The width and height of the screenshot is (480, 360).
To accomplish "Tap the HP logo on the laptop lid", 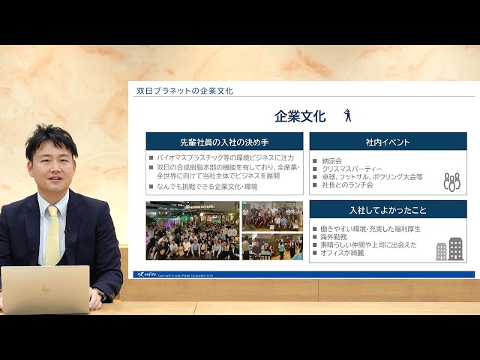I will (46, 289).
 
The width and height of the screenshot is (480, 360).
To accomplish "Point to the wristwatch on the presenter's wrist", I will (100, 293).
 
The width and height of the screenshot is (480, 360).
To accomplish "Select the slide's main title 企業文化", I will (300, 117).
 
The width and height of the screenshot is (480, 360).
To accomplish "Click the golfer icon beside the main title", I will (346, 115).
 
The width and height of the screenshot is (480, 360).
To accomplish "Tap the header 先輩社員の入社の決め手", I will (224, 142).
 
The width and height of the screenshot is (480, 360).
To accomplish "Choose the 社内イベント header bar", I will (388, 142).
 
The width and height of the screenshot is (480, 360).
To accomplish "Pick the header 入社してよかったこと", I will (388, 210).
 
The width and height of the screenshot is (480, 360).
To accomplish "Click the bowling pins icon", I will (451, 181).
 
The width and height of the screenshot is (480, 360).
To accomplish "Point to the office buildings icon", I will (449, 249).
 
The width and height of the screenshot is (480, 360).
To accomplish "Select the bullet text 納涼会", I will (331, 160).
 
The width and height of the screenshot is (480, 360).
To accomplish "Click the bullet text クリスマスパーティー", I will (352, 169).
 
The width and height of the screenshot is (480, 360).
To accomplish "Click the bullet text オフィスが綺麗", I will (343, 253).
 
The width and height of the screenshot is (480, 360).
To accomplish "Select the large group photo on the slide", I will (192, 230).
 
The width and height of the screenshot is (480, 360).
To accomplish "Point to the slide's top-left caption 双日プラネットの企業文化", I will (184, 91).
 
